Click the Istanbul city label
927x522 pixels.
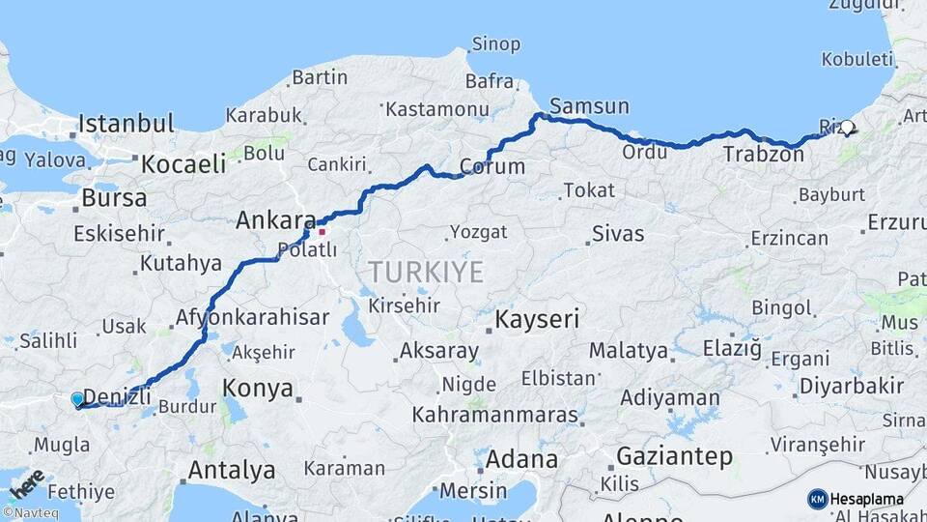pos(126,124)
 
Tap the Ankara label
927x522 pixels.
pos(276,221)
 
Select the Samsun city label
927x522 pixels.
pos(589,106)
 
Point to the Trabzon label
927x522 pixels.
pos(757,154)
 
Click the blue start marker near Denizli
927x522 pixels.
pos(78,399)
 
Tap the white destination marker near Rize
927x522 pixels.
pos(847,127)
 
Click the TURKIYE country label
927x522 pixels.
pos(425,272)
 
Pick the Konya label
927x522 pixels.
pos(258,389)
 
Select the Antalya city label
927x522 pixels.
pos(231,471)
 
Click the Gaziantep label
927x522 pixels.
pos(674,456)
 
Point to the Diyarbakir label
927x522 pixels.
pos(852,386)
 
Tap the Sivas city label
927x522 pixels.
pos(618,233)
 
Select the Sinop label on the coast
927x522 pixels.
pos(495,43)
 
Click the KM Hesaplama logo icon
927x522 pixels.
pos(817,499)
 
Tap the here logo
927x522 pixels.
pos(26,481)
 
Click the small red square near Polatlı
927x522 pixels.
pos(322,231)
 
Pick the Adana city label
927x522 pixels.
pos(521,458)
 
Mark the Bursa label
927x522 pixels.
pos(114,198)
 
